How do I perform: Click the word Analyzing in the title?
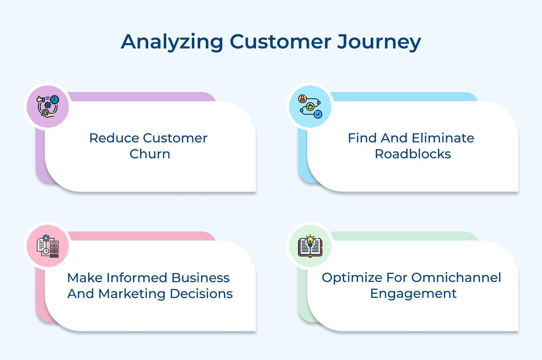(172, 42)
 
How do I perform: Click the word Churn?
(150, 154)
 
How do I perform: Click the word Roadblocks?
(413, 154)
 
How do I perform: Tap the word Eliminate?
(443, 138)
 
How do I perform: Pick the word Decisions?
(201, 293)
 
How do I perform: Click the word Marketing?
(132, 293)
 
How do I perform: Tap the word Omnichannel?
(456, 278)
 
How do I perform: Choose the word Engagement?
(413, 293)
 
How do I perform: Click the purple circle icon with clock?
(48, 107)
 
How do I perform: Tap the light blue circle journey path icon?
(310, 107)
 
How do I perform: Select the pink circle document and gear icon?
(48, 246)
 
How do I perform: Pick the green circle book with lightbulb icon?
(310, 246)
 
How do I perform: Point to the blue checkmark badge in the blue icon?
(318, 114)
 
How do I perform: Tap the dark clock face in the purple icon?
(55, 99)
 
